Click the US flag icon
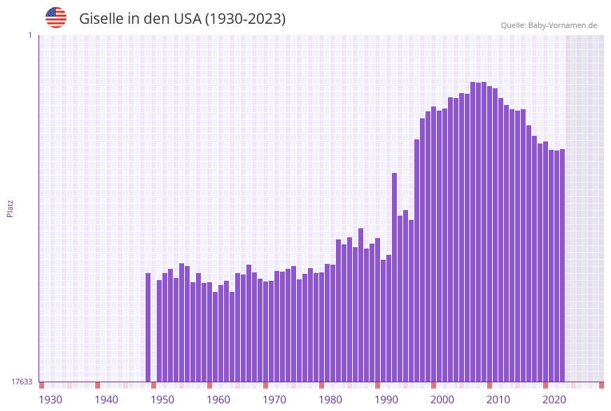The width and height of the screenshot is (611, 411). coord(56,18)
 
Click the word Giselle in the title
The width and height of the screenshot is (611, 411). coord(101,19)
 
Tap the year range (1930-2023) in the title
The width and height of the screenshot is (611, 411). coord(245,19)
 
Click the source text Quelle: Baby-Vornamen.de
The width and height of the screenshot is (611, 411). coord(549,25)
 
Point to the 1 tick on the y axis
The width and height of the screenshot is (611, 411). coord(29,35)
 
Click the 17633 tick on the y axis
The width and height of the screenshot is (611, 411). coord(22,382)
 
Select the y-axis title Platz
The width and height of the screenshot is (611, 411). coord(10,208)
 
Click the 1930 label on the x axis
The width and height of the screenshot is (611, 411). coord(50,400)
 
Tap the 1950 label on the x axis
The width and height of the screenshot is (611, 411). coord(162,400)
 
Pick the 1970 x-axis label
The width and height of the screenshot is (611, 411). coord(274,400)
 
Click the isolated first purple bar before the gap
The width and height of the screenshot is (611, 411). coord(148,327)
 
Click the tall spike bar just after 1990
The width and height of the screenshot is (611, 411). coord(394,277)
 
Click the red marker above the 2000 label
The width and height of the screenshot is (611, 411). coord(433,385)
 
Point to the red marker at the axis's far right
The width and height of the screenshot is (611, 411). coord(601,385)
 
